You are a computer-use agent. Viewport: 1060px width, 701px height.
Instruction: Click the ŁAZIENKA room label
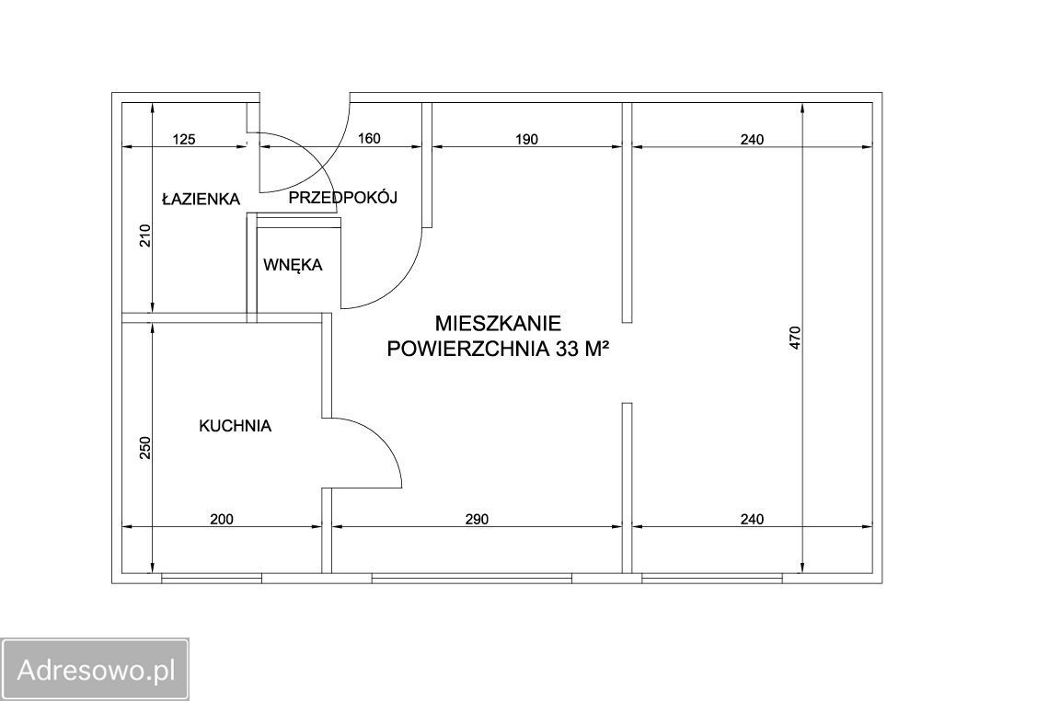(201, 199)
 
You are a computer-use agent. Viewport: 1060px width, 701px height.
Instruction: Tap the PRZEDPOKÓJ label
(342, 198)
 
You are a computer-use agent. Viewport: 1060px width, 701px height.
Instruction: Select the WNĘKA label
(293, 264)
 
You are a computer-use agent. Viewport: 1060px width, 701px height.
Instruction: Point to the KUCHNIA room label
(236, 426)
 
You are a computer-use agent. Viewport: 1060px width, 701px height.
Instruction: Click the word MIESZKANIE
(498, 324)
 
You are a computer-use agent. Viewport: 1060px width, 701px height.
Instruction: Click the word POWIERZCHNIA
(467, 349)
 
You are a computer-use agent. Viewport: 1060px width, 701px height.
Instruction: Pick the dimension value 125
(184, 139)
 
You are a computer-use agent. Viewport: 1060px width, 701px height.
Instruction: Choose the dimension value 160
(369, 139)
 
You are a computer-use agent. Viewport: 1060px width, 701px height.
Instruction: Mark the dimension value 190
(526, 139)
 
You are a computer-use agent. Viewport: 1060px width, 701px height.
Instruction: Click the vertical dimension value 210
(146, 236)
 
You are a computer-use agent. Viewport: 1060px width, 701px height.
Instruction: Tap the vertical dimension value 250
(146, 448)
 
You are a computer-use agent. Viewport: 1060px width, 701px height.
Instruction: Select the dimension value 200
(222, 519)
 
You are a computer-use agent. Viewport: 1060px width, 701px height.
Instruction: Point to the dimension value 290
(477, 519)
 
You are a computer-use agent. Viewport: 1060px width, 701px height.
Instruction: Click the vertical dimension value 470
(795, 338)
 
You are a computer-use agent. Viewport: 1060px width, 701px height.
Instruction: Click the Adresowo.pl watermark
(96, 670)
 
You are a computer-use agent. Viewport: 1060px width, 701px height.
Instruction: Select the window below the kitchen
(212, 579)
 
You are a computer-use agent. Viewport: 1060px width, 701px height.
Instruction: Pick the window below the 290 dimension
(472, 579)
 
